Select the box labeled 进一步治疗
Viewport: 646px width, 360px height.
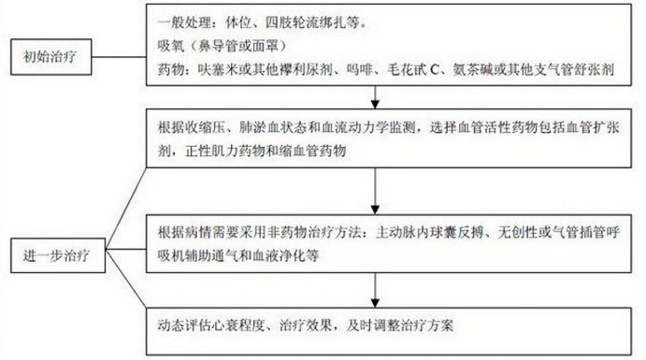click(x=56, y=252)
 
